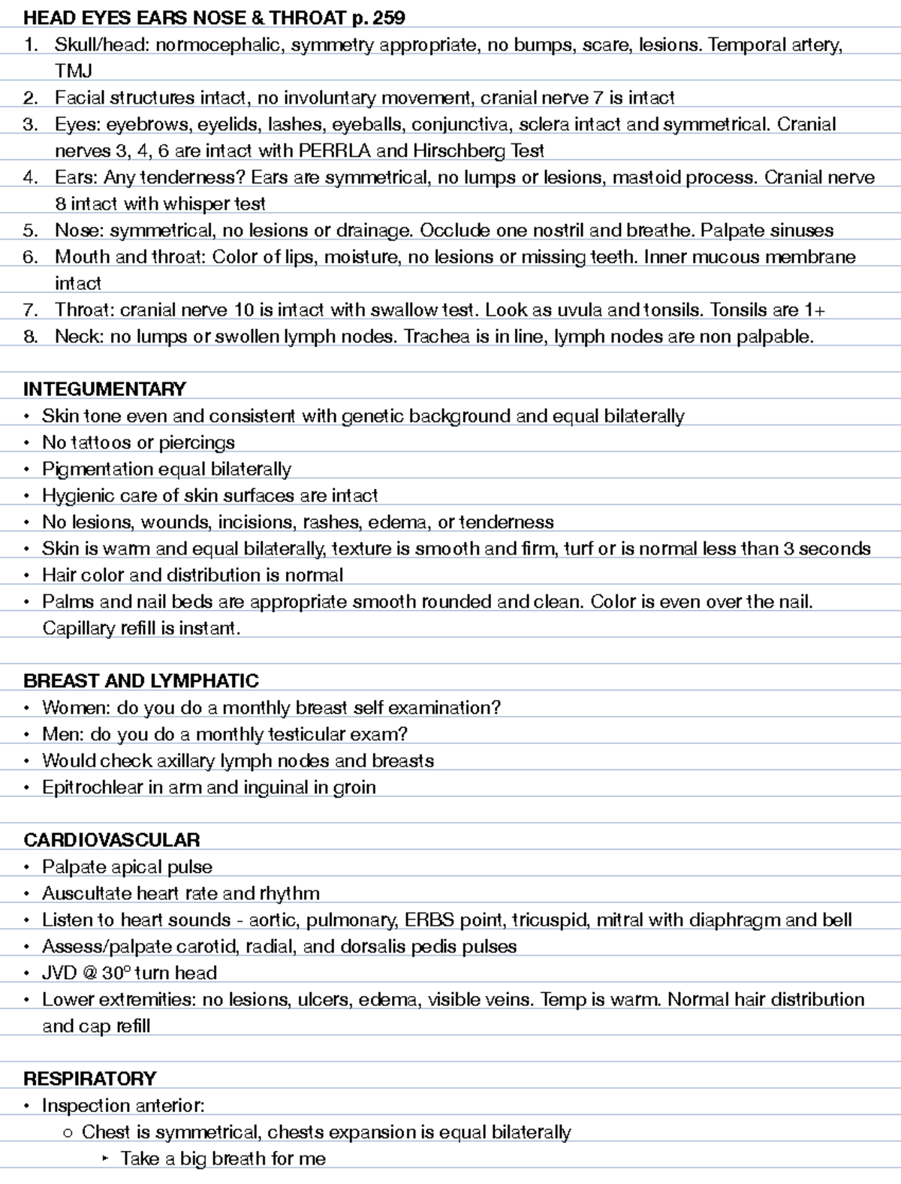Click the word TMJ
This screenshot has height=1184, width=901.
(x=74, y=71)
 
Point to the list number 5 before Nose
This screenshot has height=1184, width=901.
(x=30, y=231)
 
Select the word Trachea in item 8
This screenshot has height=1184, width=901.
(x=437, y=337)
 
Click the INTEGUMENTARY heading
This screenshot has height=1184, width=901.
(x=104, y=389)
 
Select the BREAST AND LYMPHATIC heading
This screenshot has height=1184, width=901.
(x=141, y=681)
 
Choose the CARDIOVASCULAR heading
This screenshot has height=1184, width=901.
(x=112, y=840)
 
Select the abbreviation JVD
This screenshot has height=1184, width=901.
(x=59, y=973)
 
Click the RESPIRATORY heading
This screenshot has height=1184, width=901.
(x=89, y=1079)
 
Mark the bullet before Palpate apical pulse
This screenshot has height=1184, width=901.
(x=27, y=868)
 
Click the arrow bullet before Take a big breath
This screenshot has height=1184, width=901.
(x=104, y=1159)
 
